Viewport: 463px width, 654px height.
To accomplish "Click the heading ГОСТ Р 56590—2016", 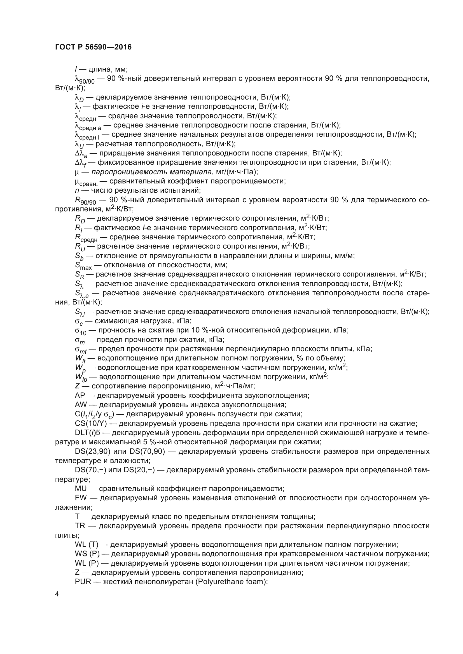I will (x=93, y=47).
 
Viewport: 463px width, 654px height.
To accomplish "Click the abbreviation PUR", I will (x=83, y=582).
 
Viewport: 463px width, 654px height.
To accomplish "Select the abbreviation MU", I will (x=81, y=488).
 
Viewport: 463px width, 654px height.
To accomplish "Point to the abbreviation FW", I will (x=81, y=498).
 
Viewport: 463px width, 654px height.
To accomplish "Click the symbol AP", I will (x=80, y=395).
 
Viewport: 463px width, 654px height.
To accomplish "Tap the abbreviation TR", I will (x=80, y=526).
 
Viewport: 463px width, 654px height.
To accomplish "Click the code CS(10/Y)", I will (x=91, y=423).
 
